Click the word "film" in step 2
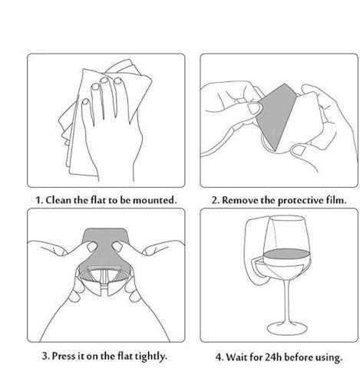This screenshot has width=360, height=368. [x=336, y=200]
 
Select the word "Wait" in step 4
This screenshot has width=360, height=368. [x=236, y=356]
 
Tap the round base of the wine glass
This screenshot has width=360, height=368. [x=287, y=328]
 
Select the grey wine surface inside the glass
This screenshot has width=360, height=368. [x=286, y=254]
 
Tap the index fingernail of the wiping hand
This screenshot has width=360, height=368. [x=85, y=102]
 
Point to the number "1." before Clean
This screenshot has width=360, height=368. [x=39, y=200]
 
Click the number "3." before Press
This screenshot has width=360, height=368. [x=45, y=356]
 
